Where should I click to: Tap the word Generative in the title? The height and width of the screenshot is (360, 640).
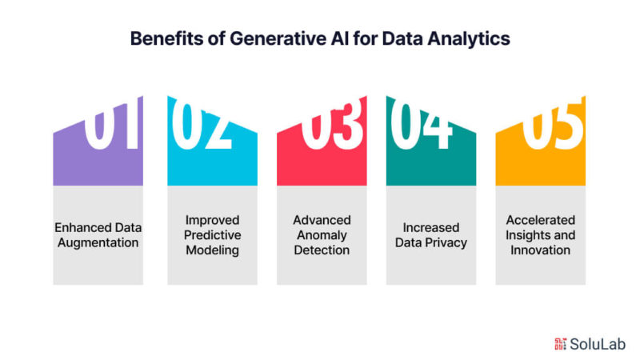point(278,39)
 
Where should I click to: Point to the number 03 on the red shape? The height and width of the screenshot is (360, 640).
point(331,125)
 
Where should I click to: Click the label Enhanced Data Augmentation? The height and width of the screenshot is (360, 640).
point(98,235)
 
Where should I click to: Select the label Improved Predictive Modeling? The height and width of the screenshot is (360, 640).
point(212,235)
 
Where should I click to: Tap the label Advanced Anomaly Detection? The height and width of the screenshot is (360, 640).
point(322,235)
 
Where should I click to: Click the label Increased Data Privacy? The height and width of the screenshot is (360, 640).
point(431,235)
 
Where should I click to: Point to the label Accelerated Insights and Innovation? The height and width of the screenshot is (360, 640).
point(541,235)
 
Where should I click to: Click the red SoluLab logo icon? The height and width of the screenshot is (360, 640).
point(560,344)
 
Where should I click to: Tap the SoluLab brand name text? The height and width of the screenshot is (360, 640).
point(598,344)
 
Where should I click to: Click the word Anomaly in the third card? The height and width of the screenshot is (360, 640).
point(322,235)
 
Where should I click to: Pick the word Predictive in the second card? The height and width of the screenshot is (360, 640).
point(212,235)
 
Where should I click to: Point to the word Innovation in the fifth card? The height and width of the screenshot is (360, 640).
point(541,250)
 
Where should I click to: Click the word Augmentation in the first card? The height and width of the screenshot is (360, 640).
point(98,243)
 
